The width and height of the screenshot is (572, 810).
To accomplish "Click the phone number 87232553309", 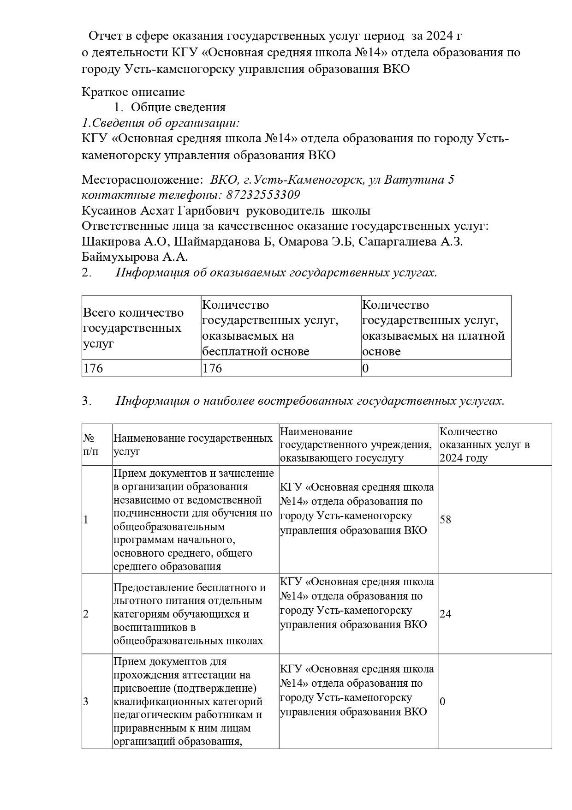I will tap(263, 195).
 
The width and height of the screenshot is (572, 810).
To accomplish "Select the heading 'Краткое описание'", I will tap(133, 92).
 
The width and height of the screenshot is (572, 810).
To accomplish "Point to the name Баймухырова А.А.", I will tap(135, 257).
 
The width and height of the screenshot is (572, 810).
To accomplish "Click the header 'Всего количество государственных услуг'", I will tap(133, 328).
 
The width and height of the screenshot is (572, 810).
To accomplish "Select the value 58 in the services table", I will tap(446, 520).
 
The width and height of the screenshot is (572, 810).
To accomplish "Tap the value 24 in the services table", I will tap(446, 614).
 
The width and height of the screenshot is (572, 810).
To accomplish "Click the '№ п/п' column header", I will tap(91, 444).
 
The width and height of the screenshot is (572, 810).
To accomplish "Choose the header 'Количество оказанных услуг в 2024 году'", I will tap(484, 444).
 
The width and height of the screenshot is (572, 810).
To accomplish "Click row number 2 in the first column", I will tap(86, 614).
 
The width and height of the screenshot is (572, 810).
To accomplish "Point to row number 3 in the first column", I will tap(86, 702).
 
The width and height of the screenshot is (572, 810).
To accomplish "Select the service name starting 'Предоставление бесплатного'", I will tap(190, 614).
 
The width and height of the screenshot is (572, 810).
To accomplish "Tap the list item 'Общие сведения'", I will tap(178, 108).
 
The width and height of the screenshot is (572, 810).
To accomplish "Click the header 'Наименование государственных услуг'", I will tap(193, 444).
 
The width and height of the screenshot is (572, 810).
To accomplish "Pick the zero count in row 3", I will tap(443, 702).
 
